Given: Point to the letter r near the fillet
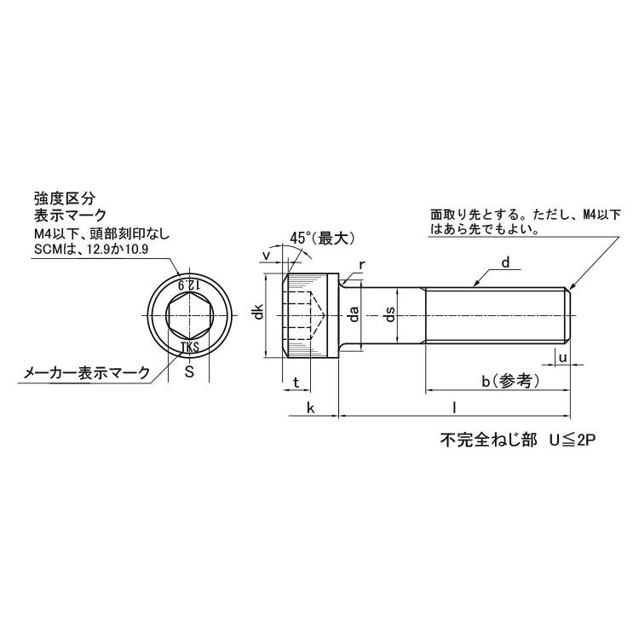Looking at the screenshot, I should click(362, 265).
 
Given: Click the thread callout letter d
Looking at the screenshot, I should click(504, 264).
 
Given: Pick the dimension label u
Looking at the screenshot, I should click(563, 359).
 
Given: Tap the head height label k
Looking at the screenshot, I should click(311, 409).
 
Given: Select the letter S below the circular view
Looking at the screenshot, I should click(189, 372).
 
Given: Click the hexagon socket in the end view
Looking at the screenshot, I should click(189, 315).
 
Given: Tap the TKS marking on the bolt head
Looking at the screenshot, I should click(189, 347).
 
